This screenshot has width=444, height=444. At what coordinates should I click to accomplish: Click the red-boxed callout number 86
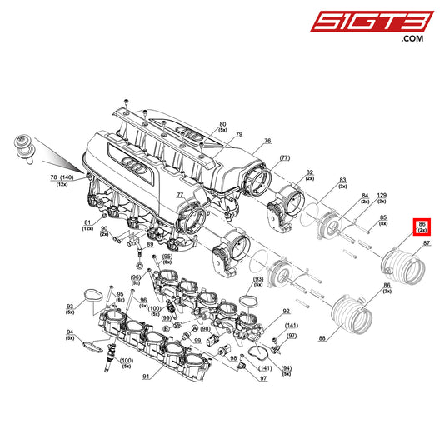422,224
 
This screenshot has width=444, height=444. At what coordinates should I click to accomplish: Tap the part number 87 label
427,243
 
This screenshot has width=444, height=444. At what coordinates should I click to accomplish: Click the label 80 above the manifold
222,125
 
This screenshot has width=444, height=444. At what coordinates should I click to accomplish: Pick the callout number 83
342,179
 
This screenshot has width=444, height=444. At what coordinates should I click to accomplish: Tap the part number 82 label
309,172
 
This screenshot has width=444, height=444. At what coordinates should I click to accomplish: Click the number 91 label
147,377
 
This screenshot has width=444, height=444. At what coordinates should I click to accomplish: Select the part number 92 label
286,311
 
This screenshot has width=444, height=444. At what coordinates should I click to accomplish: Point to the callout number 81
87,223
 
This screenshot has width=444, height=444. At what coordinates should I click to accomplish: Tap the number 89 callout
150,245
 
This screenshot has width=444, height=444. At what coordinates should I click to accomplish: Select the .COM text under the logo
412,39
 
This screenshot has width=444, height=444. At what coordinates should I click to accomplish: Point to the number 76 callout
267,142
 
